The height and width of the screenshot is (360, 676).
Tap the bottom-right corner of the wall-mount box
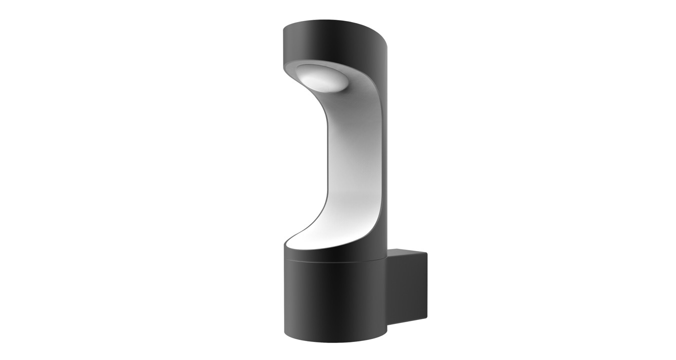[427, 318]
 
